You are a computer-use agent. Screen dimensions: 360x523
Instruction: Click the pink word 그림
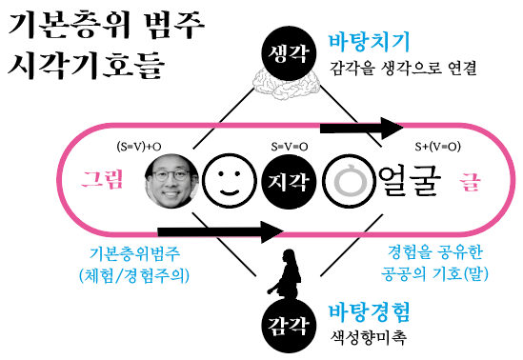click(102, 180)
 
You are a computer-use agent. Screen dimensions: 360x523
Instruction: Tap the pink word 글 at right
click(470, 180)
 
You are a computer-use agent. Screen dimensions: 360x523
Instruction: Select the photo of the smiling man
click(171, 182)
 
